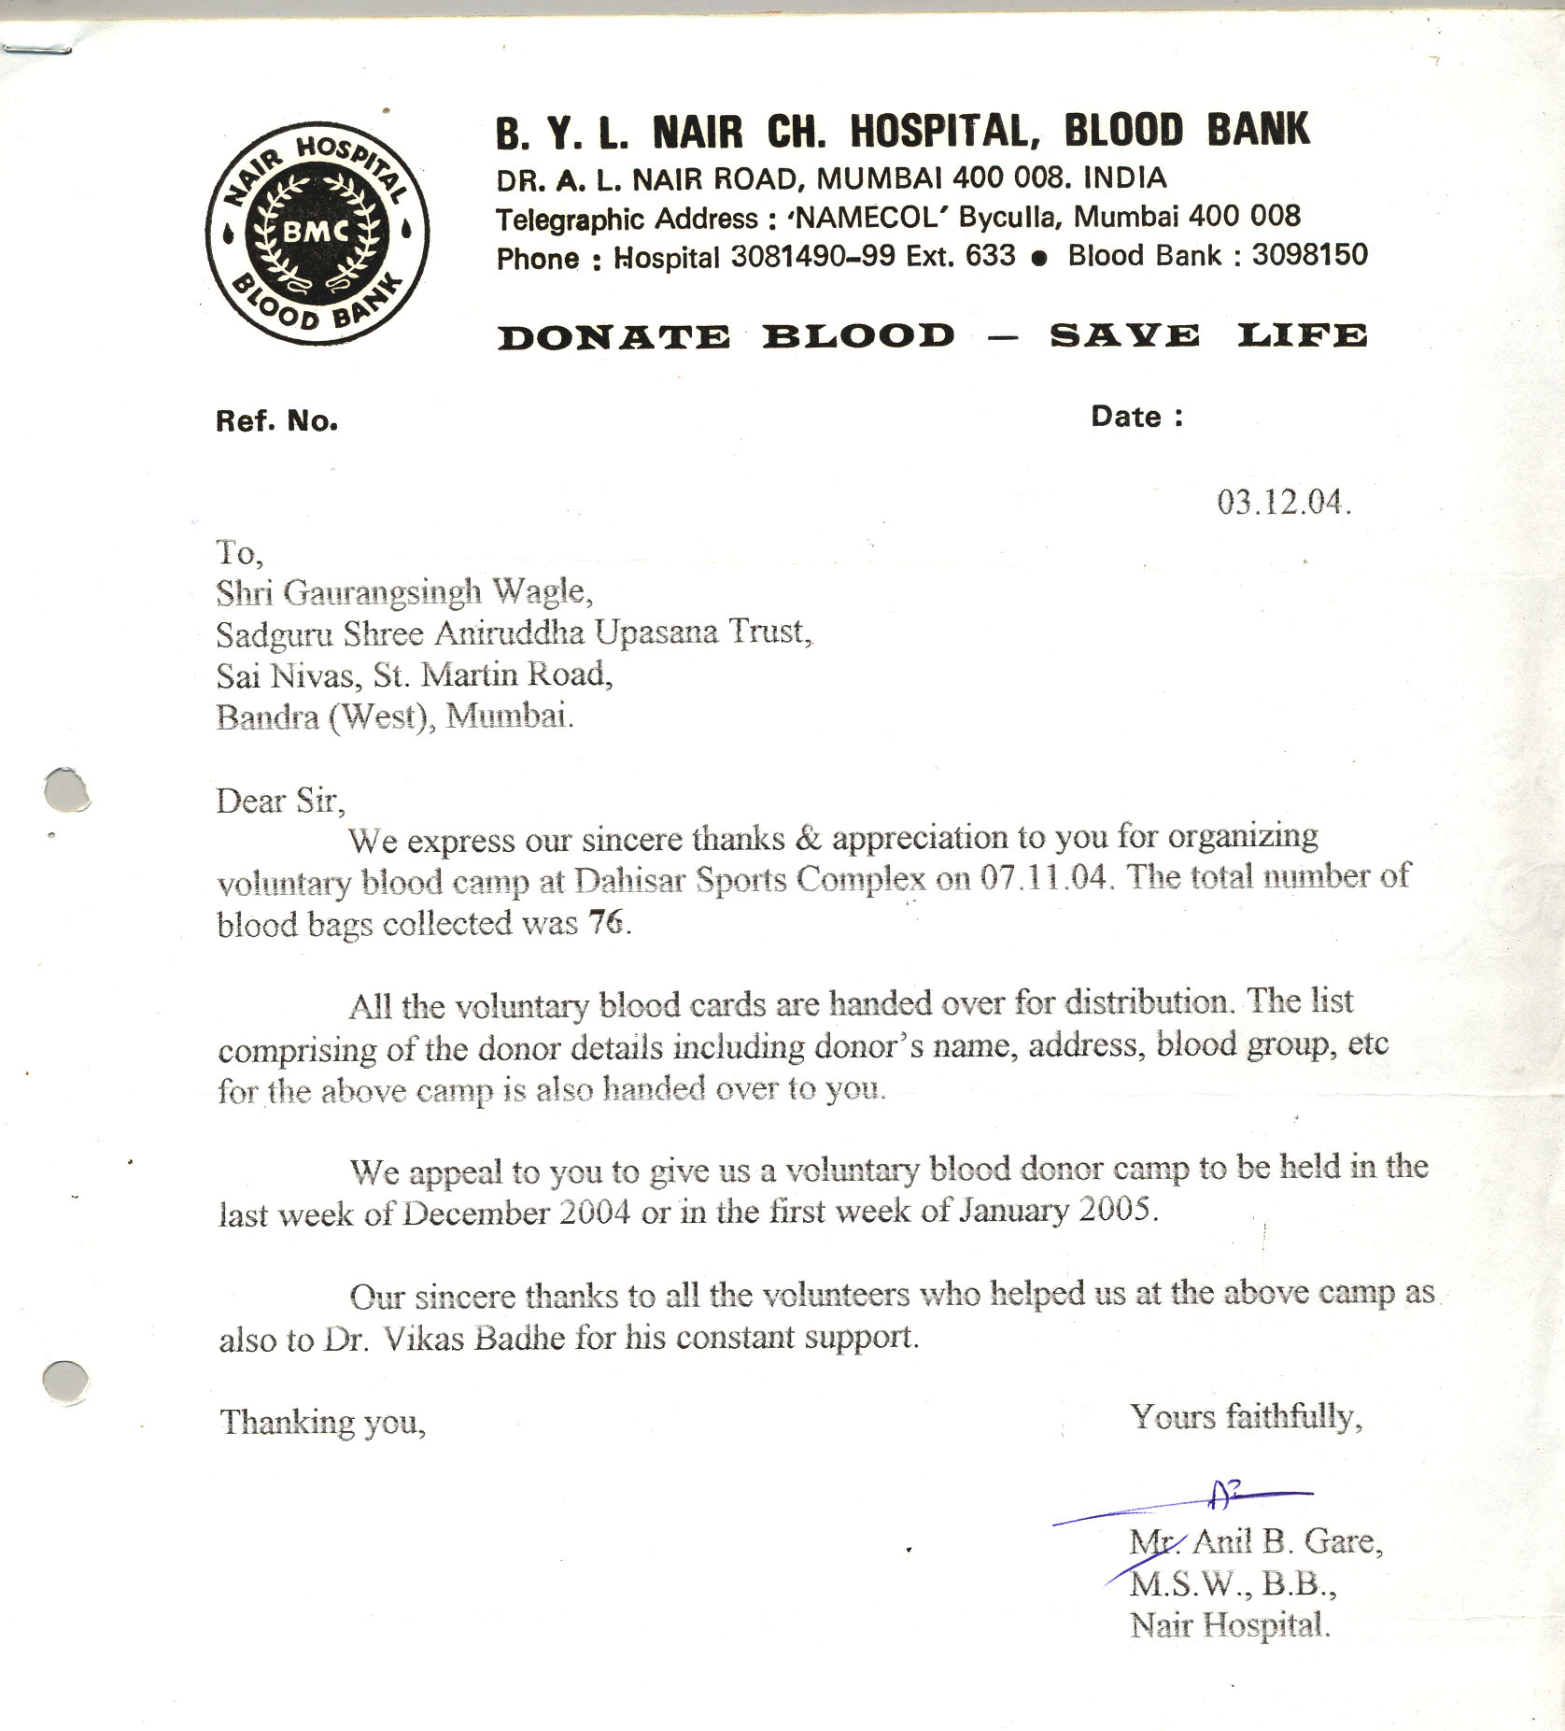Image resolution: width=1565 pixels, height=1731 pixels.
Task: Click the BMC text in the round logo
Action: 317,231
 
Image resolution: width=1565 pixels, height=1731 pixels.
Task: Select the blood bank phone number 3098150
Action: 1309,255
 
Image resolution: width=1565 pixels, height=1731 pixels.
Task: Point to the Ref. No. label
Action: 276,421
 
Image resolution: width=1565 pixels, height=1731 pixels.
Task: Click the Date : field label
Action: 1136,417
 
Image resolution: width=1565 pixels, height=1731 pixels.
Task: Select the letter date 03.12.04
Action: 1283,503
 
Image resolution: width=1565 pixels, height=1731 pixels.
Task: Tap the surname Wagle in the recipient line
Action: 542,591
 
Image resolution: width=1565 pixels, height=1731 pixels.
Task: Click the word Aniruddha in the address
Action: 509,633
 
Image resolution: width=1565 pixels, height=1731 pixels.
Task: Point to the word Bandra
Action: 267,717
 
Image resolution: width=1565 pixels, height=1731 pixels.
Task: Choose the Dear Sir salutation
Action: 280,802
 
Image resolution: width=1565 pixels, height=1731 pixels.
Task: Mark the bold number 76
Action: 605,922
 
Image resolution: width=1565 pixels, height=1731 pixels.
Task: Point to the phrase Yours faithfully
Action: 1246,1417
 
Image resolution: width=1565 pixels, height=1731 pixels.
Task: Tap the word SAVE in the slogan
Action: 1124,336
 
